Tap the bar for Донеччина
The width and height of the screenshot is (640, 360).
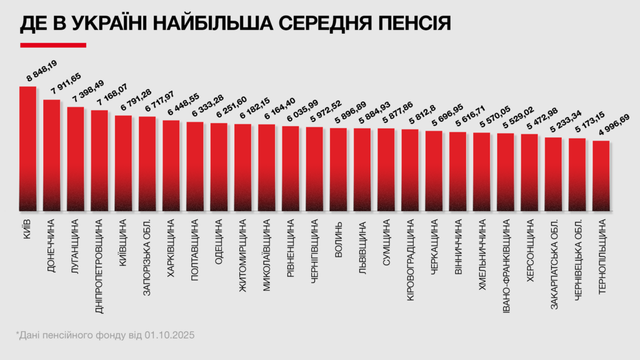[52, 156]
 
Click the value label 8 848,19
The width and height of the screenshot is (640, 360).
[41, 71]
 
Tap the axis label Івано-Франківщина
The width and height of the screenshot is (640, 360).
[506, 261]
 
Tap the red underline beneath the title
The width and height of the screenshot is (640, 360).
[52, 45]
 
